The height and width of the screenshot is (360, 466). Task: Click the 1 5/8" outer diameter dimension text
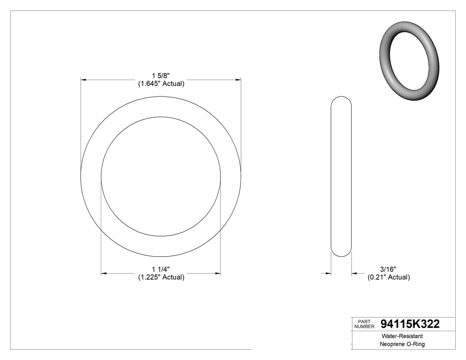click(x=160, y=76)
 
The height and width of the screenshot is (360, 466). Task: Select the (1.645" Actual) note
click(x=160, y=83)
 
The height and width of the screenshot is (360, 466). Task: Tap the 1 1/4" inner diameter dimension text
click(x=161, y=269)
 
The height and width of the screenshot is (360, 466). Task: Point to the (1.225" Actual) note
click(x=160, y=277)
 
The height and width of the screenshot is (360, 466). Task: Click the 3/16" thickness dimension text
click(x=388, y=269)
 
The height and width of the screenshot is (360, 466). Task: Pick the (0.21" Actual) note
click(x=388, y=277)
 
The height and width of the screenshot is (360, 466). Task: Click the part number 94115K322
click(x=410, y=324)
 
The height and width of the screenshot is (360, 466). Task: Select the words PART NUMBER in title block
click(x=364, y=324)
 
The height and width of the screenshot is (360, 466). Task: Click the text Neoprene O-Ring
click(x=402, y=344)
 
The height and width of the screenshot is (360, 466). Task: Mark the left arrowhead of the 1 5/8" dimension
click(x=83, y=80)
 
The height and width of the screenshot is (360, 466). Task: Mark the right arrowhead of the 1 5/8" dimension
click(x=238, y=80)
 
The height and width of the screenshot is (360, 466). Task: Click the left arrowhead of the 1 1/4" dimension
click(x=104, y=273)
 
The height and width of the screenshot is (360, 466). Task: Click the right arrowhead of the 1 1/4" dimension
click(x=218, y=273)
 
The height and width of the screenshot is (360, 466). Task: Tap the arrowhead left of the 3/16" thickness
click(x=329, y=273)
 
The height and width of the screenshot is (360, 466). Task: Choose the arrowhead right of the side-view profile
click(x=355, y=273)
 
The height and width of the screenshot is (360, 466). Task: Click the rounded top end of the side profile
click(x=342, y=99)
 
